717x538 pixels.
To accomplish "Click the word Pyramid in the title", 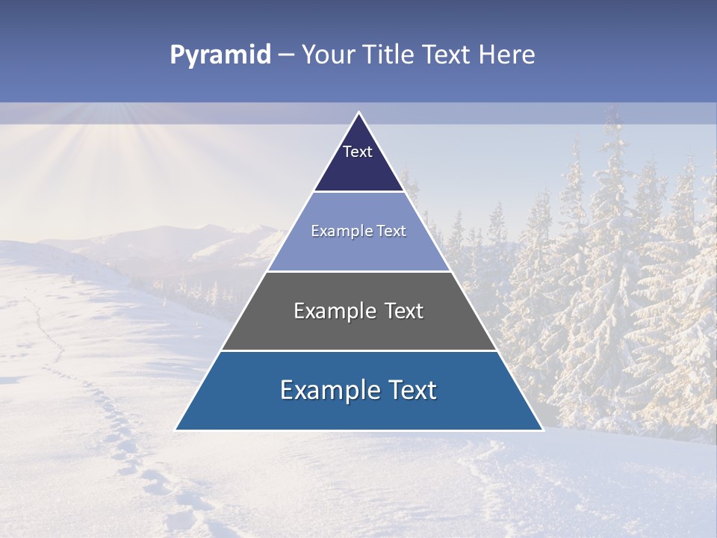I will pos(220,55).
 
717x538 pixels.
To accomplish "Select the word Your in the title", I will pos(326,55).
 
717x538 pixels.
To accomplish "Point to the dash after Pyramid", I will pos(285,55).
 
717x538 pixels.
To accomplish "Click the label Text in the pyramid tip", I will pos(358,152).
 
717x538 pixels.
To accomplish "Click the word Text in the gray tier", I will pos(401,311).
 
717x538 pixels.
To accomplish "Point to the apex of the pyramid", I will pos(358,114).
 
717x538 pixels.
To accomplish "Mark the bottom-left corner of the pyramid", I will pos(176,429).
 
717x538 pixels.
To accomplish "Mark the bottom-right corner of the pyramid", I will pos(541,429).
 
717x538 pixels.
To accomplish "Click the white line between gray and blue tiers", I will pos(358,350).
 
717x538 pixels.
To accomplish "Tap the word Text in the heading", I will pos(447,55).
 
